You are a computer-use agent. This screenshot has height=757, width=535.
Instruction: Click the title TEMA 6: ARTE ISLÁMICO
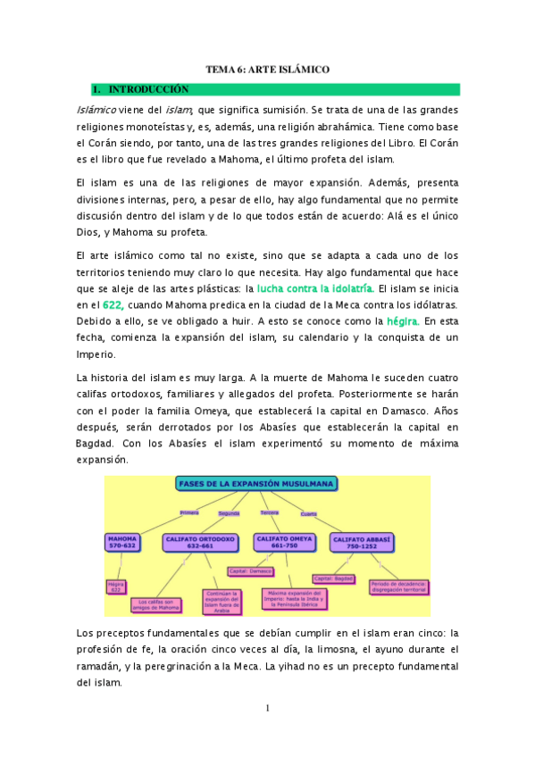tap(268, 69)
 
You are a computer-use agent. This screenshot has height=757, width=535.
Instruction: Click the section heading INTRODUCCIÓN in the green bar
tap(148, 89)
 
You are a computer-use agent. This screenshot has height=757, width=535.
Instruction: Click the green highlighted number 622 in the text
tap(112, 304)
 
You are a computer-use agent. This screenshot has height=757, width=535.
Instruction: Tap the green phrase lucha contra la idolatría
tap(314, 288)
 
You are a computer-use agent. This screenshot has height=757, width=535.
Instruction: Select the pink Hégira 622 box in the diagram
tap(115, 586)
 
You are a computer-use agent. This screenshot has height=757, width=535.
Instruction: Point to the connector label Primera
tap(189, 512)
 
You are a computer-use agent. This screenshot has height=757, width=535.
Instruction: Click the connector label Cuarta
tap(309, 512)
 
